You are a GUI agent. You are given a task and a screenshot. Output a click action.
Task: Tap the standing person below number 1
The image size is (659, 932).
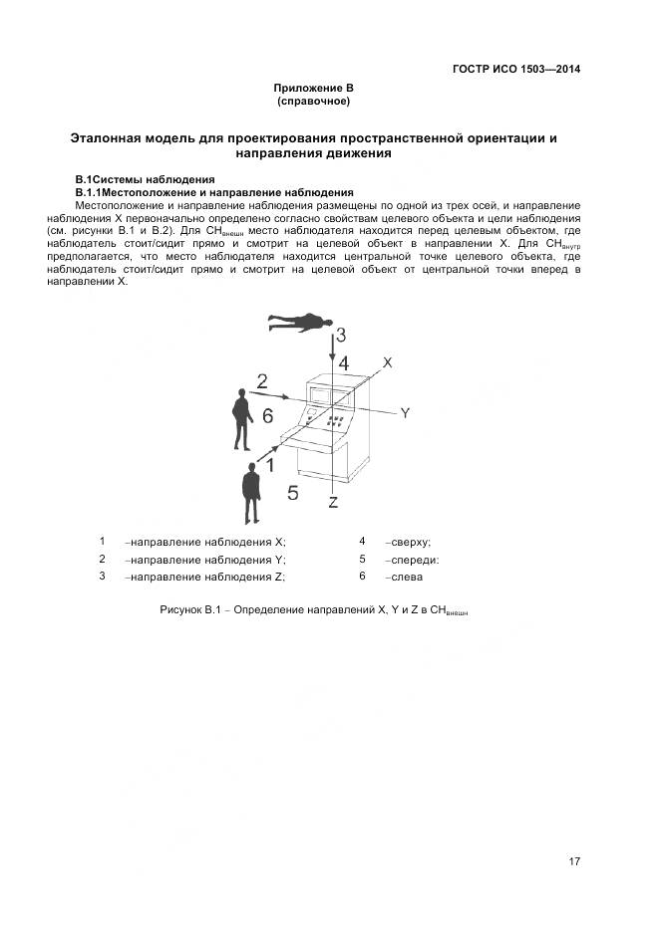[x=251, y=492]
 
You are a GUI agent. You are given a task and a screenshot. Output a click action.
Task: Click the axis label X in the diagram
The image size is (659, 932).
[x=388, y=363]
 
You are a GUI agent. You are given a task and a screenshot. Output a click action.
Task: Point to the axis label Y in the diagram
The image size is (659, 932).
[x=405, y=412]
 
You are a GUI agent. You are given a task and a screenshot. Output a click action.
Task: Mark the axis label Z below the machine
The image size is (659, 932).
[x=334, y=502]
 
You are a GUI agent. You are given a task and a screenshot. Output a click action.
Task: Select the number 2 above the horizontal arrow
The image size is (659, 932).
[x=262, y=381]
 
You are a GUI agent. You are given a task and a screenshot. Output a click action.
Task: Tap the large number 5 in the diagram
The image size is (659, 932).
[x=292, y=492]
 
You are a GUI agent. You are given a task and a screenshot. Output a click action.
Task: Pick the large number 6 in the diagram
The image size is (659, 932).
[x=267, y=416]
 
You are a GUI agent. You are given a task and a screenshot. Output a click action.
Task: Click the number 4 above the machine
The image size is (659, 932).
[x=343, y=362]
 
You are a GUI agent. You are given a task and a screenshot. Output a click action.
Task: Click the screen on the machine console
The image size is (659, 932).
[x=321, y=392]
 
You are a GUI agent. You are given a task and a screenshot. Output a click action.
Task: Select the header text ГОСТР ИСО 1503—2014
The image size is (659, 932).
[x=516, y=70]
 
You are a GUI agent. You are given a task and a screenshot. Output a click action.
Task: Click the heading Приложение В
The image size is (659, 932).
[x=313, y=89]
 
